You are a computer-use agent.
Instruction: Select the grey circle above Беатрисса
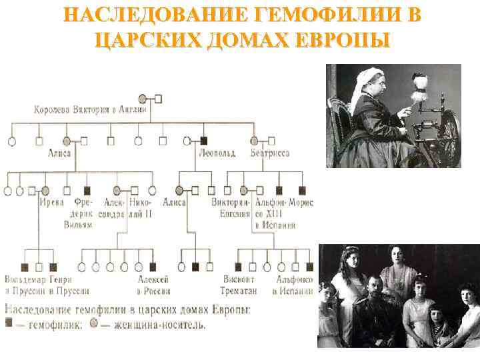click(x=254, y=141)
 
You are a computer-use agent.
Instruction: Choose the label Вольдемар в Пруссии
click(x=21, y=285)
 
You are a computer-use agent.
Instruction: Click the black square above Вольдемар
click(x=24, y=267)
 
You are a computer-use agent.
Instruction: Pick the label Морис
click(x=302, y=202)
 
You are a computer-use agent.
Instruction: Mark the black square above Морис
click(x=301, y=191)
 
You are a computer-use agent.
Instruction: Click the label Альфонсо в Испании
click(x=293, y=285)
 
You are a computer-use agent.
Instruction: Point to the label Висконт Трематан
click(x=238, y=285)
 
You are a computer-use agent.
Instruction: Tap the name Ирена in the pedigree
click(x=51, y=202)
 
